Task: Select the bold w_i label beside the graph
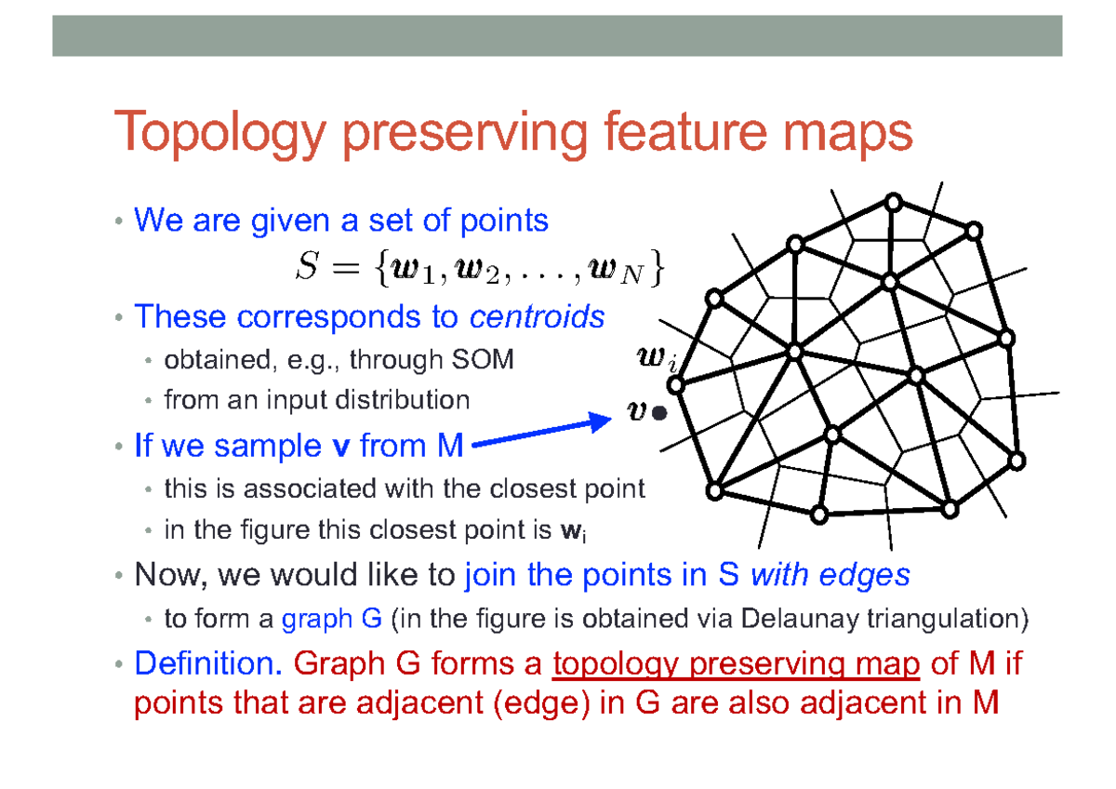(659, 358)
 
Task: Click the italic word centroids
(537, 317)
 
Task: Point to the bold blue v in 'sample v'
(340, 447)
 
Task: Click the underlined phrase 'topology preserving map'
(736, 664)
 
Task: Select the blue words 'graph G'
(318, 619)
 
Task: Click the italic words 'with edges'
(830, 576)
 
